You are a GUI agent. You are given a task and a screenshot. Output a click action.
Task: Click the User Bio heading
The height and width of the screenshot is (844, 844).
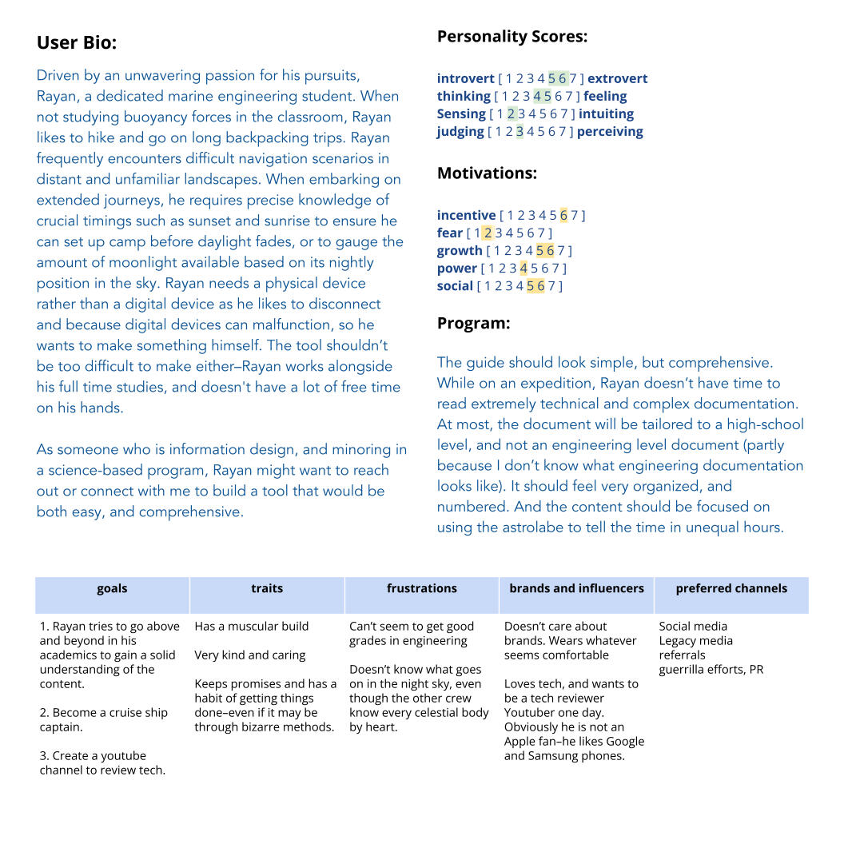coord(77,43)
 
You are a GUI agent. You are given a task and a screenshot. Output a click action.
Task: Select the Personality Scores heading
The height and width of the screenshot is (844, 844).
coord(512,36)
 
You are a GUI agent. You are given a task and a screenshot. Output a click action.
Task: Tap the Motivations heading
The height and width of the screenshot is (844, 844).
coord(487,173)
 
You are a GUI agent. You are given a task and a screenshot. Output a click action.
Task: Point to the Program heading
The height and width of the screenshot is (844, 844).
coord(473,323)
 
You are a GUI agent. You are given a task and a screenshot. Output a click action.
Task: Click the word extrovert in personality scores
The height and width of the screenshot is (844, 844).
coord(617,78)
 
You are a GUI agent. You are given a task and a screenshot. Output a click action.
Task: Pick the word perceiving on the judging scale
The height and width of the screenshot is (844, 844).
coord(610,131)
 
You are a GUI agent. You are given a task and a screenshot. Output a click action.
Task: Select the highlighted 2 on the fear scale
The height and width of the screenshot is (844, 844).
coord(488,233)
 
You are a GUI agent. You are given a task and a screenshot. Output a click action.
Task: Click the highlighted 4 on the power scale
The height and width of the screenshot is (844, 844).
coord(524,268)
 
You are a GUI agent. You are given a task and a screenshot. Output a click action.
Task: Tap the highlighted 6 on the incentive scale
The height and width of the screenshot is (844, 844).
coord(563,215)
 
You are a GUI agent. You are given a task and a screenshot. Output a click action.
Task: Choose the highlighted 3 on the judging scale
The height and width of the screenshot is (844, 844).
coord(520,131)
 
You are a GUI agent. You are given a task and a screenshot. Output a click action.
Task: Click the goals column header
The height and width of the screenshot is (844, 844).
coord(112,588)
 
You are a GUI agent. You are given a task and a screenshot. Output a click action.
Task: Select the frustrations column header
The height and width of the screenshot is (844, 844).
coord(421,588)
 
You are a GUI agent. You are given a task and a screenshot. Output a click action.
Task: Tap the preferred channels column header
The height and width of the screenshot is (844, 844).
coord(731,588)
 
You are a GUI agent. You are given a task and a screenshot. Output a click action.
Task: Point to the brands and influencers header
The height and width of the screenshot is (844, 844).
coord(576,588)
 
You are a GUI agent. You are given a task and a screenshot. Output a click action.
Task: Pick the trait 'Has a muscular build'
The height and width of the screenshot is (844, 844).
coord(251,626)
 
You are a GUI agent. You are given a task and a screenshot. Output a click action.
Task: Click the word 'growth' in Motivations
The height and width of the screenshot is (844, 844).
coord(460,250)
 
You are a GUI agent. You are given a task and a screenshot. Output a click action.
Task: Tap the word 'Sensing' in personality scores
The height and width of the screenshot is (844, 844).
coord(461,113)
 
